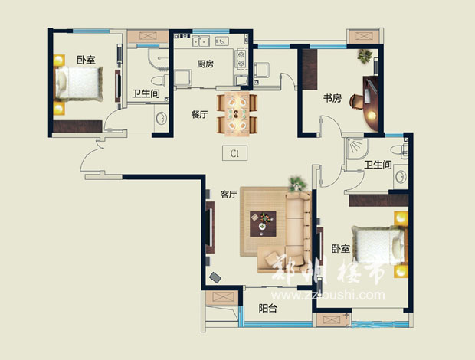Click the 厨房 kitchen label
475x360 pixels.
pos(205,64)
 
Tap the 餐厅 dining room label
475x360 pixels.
pos(199,114)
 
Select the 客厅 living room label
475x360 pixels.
pos(229,195)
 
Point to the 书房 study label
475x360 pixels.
pos(332,98)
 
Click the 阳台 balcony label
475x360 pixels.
pos(268,308)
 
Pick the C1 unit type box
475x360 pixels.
pos(234,153)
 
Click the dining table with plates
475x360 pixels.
pos(237,114)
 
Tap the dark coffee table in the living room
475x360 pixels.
pos(263,224)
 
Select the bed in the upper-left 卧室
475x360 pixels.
pos(80,83)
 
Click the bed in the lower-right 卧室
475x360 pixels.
pos(378,245)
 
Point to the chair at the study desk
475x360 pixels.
pos(356,102)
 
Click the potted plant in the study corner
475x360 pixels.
pos(365,56)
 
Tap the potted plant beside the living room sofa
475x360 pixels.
pos(297,184)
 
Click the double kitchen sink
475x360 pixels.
pos(201,41)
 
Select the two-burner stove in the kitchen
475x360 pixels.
pos(241,59)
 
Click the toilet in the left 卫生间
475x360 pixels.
pos(159,81)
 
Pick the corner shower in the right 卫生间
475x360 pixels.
pos(358,149)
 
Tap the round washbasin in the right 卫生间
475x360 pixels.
pos(401,177)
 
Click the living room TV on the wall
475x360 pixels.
pos(210,227)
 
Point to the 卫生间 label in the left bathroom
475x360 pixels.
pos(146,93)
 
